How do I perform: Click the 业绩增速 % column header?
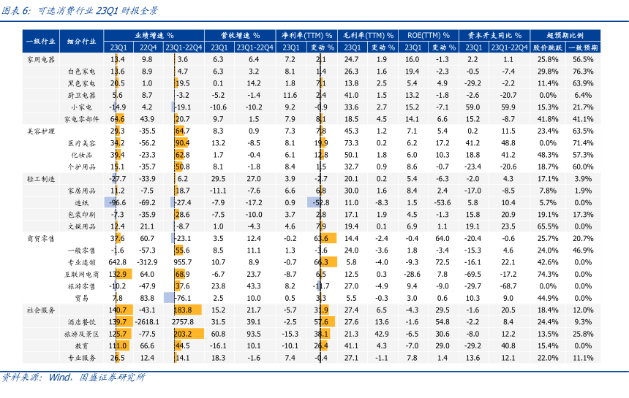pyautogui.click(x=154, y=34)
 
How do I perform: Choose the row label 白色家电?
pyautogui.click(x=81, y=72)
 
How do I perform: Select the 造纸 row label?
pyautogui.click(x=81, y=202)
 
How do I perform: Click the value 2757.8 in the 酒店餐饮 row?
pyautogui.click(x=182, y=321)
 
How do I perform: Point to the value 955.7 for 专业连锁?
pyautogui.click(x=182, y=261)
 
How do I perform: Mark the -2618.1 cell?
pyautogui.click(x=147, y=321)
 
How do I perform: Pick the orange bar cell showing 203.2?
pyautogui.click(x=182, y=334)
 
